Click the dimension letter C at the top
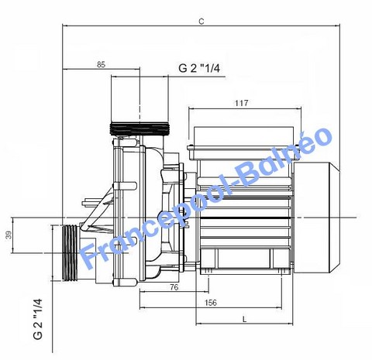[x=201, y=22]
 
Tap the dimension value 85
[x=101, y=64]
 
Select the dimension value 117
[x=241, y=103]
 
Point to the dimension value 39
[x=9, y=235]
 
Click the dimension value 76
[x=174, y=287]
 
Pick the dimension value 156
[x=211, y=303]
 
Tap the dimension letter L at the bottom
[x=245, y=320]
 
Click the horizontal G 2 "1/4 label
[x=199, y=69]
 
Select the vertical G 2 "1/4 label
[x=38, y=319]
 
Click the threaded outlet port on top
[x=139, y=129]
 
